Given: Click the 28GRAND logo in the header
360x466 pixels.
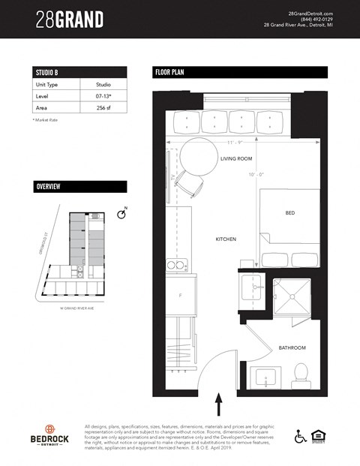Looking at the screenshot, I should pyautogui.click(x=70, y=19).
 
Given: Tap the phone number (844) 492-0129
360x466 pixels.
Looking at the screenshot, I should pyautogui.click(x=304, y=19).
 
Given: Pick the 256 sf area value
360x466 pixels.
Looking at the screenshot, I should pyautogui.click(x=103, y=107).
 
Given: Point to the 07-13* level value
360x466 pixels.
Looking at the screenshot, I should pyautogui.click(x=103, y=96).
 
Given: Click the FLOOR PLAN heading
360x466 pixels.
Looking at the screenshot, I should pyautogui.click(x=240, y=72).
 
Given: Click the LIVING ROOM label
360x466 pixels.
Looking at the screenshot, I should pyautogui.click(x=236, y=159).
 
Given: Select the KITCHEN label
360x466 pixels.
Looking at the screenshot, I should pyautogui.click(x=226, y=239).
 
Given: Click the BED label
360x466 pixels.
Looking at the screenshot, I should pyautogui.click(x=289, y=213).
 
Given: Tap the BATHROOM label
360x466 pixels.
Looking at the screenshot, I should pyautogui.click(x=291, y=347).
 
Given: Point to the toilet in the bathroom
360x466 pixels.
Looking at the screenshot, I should pyautogui.click(x=301, y=373).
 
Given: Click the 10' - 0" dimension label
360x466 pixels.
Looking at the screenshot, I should pyautogui.click(x=256, y=175).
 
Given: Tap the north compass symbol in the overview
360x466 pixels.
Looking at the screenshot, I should pyautogui.click(x=123, y=215).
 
